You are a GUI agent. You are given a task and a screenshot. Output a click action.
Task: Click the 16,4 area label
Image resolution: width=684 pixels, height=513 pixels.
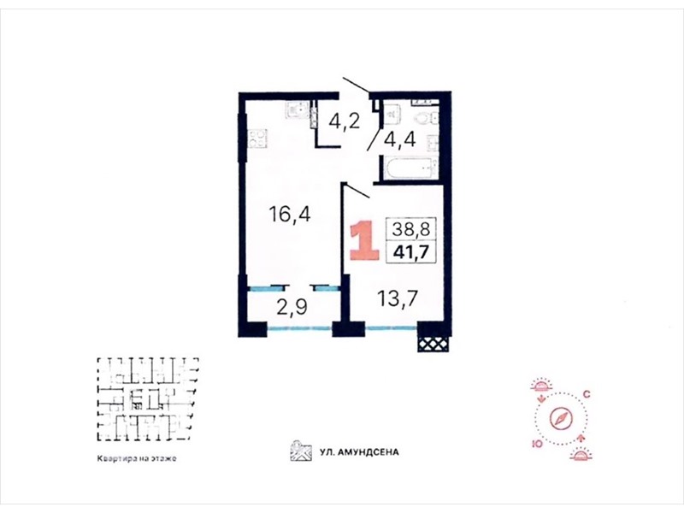(x=290, y=215)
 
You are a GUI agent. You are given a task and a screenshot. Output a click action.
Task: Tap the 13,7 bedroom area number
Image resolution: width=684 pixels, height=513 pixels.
(x=398, y=298)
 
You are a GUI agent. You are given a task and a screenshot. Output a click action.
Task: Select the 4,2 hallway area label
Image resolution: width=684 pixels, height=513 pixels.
(x=345, y=121)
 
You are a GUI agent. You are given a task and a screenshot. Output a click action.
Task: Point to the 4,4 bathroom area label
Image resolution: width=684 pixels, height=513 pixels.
(x=399, y=139)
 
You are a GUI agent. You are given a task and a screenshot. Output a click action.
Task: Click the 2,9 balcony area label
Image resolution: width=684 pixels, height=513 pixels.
(x=292, y=306)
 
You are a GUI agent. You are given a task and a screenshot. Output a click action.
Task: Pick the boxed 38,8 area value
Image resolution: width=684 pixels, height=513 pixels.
(x=411, y=228)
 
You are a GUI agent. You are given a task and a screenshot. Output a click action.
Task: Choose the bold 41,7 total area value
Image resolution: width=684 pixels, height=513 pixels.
(x=411, y=251)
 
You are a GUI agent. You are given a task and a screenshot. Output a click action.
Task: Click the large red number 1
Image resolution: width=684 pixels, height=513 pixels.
(x=366, y=240)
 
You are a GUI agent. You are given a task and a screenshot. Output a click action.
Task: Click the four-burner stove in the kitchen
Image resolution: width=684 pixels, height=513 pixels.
(x=257, y=139)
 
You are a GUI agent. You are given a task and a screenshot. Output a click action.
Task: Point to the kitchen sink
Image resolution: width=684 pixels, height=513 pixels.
(x=297, y=109)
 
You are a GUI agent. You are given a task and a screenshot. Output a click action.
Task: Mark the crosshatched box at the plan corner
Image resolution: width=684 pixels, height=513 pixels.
(x=433, y=344)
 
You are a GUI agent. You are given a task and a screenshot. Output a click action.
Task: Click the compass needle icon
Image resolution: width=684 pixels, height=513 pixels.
(x=560, y=418)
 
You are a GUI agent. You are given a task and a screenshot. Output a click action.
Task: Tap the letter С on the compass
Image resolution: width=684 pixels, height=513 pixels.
(x=587, y=395)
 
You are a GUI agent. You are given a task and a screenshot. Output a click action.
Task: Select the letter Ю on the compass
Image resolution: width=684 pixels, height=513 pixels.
(x=537, y=444)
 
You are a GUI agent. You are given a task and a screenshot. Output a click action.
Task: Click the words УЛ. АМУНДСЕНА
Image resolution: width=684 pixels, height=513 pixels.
(x=359, y=452)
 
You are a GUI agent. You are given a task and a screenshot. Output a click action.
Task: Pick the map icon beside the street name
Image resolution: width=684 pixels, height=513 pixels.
(x=301, y=451)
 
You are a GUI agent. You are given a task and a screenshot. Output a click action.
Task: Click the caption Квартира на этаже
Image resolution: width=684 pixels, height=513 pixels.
(x=137, y=458)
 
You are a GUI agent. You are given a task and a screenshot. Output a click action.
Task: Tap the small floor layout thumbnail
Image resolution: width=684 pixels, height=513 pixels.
(x=148, y=399)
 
